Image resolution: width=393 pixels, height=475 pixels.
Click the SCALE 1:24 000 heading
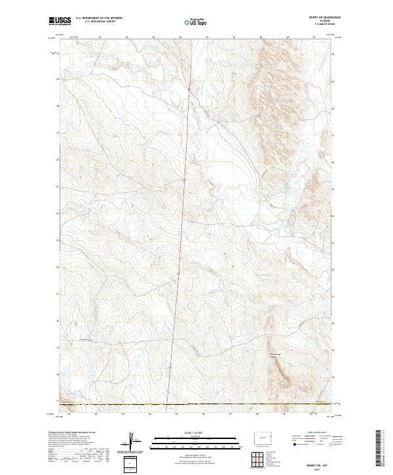(x=196, y=430)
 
